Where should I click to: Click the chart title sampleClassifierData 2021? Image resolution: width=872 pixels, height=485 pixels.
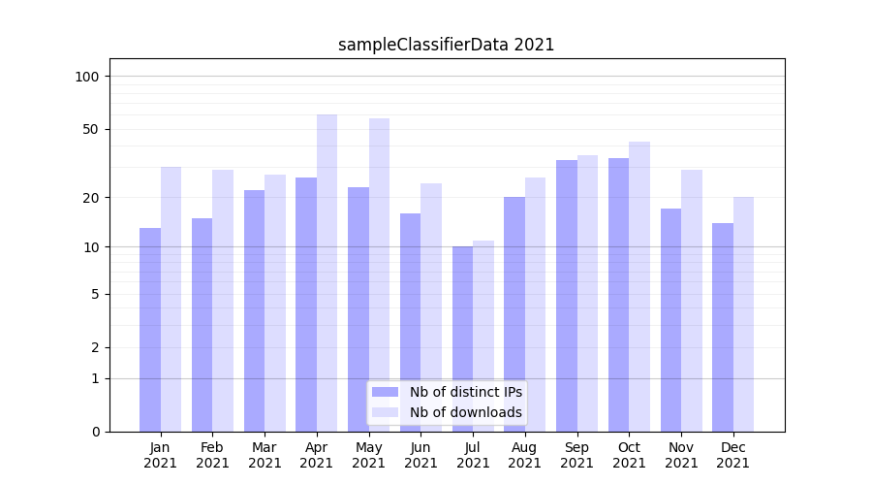446,45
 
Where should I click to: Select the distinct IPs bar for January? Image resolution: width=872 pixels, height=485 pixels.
150,330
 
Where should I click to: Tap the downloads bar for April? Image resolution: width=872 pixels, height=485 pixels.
327,273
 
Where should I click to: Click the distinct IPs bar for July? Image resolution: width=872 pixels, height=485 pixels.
462,339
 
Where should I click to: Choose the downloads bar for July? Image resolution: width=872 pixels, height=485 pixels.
483,336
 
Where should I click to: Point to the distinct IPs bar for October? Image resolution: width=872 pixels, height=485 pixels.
618,295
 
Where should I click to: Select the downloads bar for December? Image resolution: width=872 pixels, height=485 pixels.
743,314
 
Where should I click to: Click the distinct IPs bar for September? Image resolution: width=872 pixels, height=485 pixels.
567,296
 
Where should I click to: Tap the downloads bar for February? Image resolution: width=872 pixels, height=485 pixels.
223,301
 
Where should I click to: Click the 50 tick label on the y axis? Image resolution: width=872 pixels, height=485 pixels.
91,129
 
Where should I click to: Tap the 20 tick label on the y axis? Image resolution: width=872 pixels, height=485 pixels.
91,198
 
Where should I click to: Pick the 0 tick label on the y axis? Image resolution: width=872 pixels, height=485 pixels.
95,432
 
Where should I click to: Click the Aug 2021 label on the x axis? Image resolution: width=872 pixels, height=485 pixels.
525,455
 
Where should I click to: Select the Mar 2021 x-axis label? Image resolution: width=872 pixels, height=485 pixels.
265,455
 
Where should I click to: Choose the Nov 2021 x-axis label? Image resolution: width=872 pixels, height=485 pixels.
681,455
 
